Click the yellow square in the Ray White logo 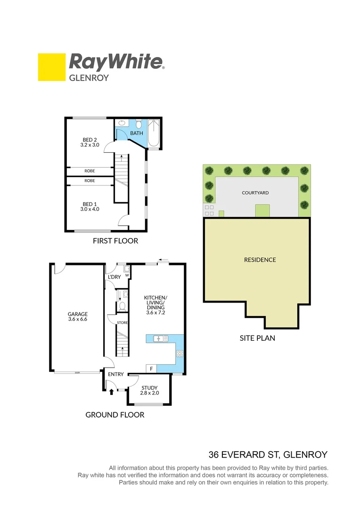51,67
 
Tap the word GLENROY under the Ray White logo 89,78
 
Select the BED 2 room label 89,140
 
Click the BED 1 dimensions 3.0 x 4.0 89,209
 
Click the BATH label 137,133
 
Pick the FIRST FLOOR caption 115,241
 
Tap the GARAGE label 77,314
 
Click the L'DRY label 115,277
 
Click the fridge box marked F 151,369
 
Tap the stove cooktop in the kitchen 179,353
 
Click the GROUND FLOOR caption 115,415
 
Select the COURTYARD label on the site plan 255,193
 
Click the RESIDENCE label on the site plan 260,260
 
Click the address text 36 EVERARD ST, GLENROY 268,455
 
